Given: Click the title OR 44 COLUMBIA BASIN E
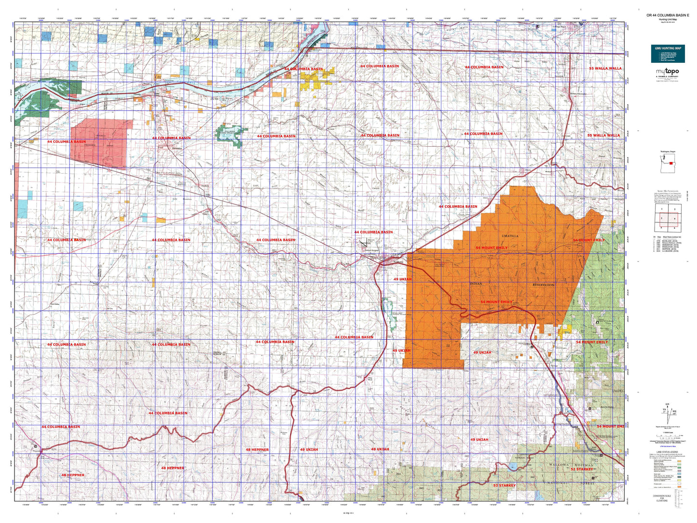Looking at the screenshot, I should tap(668, 15).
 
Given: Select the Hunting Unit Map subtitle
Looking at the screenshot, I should tap(668, 19).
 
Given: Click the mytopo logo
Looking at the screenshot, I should tap(668, 71).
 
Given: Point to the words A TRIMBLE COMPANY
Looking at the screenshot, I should tap(668, 76).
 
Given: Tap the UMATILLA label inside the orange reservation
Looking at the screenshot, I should tap(510, 236).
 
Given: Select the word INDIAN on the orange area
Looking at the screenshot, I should tap(476, 284).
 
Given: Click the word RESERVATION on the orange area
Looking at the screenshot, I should tap(543, 285).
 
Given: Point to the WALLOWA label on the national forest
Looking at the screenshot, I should tap(559, 465).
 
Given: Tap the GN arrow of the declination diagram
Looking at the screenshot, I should tap(668, 406).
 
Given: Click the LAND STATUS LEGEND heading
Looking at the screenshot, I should tap(667, 452).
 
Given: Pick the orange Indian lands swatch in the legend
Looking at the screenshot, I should tap(679, 487).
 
